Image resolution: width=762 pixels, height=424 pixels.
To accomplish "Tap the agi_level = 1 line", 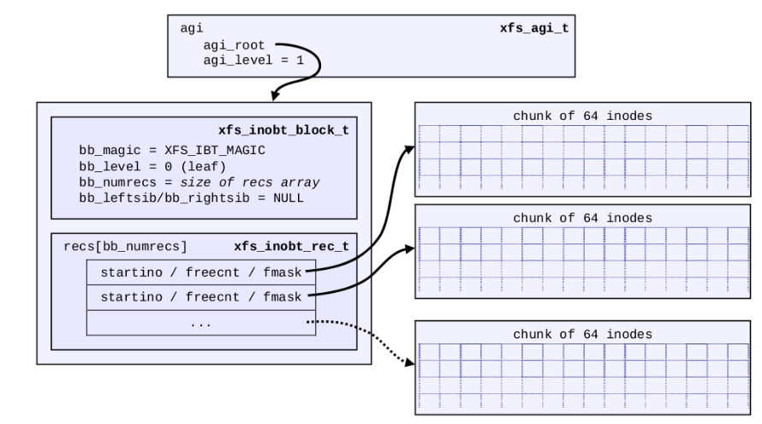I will point(245,61).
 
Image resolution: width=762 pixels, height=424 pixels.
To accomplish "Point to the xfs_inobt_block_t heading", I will point(284,129).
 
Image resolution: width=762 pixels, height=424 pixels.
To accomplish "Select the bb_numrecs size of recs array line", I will point(198,182).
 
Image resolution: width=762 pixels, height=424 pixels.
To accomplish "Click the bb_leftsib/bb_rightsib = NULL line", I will point(191,198).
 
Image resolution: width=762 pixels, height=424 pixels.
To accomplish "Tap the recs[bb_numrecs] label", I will point(126,247).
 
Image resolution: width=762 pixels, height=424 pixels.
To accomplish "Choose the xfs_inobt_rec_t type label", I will point(291,247).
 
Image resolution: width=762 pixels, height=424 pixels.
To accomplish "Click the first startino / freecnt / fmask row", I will point(201,272).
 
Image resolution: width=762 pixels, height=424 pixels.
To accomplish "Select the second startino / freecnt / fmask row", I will point(201,297).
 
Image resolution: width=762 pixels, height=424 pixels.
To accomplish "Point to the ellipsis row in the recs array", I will point(201,323).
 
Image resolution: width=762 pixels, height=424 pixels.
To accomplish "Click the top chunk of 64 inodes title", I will point(582,116).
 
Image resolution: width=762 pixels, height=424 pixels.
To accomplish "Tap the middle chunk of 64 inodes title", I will point(582,218).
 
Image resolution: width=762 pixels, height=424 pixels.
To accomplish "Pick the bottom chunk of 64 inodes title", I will point(582,333).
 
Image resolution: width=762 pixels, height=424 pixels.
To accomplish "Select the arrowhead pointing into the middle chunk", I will point(409,248).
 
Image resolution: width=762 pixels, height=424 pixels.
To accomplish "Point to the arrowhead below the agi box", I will point(276,94).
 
